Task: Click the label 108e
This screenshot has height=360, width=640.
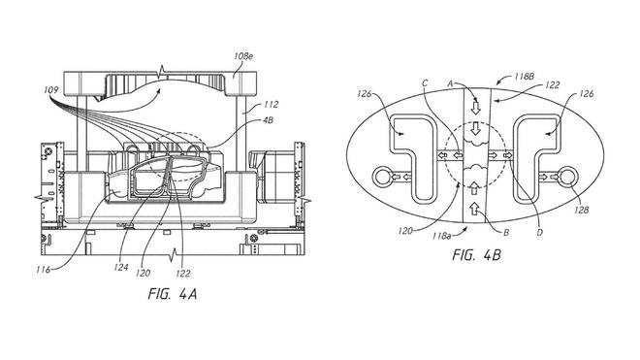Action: point(243,56)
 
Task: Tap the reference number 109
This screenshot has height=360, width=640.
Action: point(51,90)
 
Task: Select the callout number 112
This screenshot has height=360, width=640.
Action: point(271,105)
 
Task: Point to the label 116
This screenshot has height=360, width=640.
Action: point(43,270)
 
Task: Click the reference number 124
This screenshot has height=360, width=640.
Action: point(121,268)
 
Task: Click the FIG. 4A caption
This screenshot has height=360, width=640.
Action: point(173,294)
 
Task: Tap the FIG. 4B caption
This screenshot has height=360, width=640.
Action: point(476,255)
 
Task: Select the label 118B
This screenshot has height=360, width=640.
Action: point(524,76)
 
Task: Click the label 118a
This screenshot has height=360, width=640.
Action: point(443,236)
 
